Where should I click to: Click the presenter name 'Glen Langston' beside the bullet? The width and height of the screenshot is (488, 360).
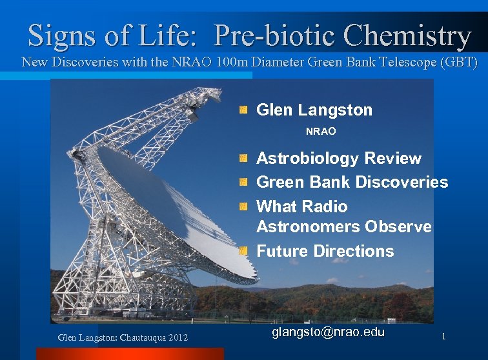pyautogui.click(x=314, y=110)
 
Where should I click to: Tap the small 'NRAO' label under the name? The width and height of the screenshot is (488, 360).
pyautogui.click(x=321, y=131)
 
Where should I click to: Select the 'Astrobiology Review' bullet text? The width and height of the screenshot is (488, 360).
pyautogui.click(x=338, y=158)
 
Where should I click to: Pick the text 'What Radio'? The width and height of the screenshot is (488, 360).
pyautogui.click(x=301, y=206)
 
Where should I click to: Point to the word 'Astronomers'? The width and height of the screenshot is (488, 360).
pyautogui.click(x=309, y=226)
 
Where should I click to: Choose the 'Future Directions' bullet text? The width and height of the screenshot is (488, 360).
pyautogui.click(x=325, y=250)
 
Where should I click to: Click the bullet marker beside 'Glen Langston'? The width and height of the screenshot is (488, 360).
pyautogui.click(x=243, y=110)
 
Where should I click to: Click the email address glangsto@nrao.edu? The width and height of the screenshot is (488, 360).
pyautogui.click(x=328, y=333)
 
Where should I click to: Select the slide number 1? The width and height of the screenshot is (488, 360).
pyautogui.click(x=443, y=336)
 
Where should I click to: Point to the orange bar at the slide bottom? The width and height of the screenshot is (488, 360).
pyautogui.click(x=129, y=354)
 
